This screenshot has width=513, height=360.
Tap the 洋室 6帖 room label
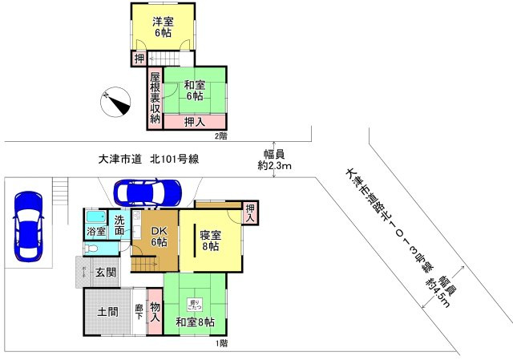coord(164,27)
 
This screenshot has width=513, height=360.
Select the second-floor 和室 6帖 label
coord(195,91)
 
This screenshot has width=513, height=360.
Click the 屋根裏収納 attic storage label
coord(155,99)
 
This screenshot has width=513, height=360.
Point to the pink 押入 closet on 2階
coord(194,122)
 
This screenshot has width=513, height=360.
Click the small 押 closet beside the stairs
coord(139,59)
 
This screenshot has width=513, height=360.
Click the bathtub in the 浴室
coord(95,218)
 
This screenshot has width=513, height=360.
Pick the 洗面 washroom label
coord(119,225)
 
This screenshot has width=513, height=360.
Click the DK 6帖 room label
coord(159,237)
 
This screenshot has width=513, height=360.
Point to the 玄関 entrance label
coord(106,273)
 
